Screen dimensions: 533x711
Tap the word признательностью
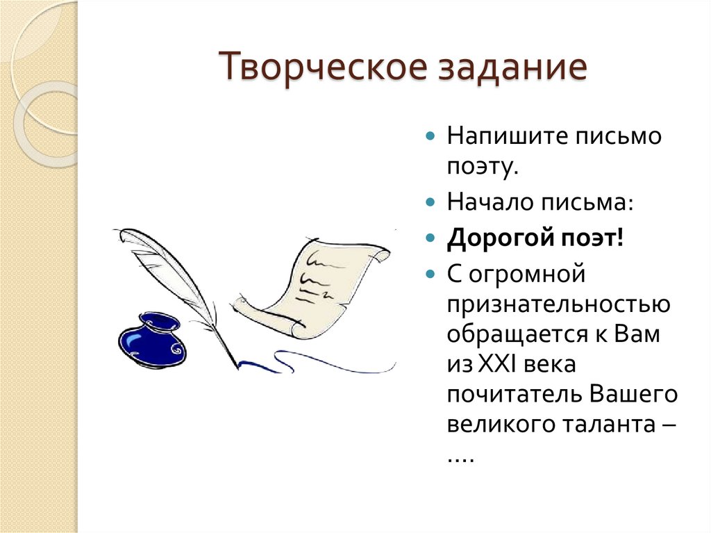pos(558,305)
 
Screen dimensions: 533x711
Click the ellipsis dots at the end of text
pos(460,459)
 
